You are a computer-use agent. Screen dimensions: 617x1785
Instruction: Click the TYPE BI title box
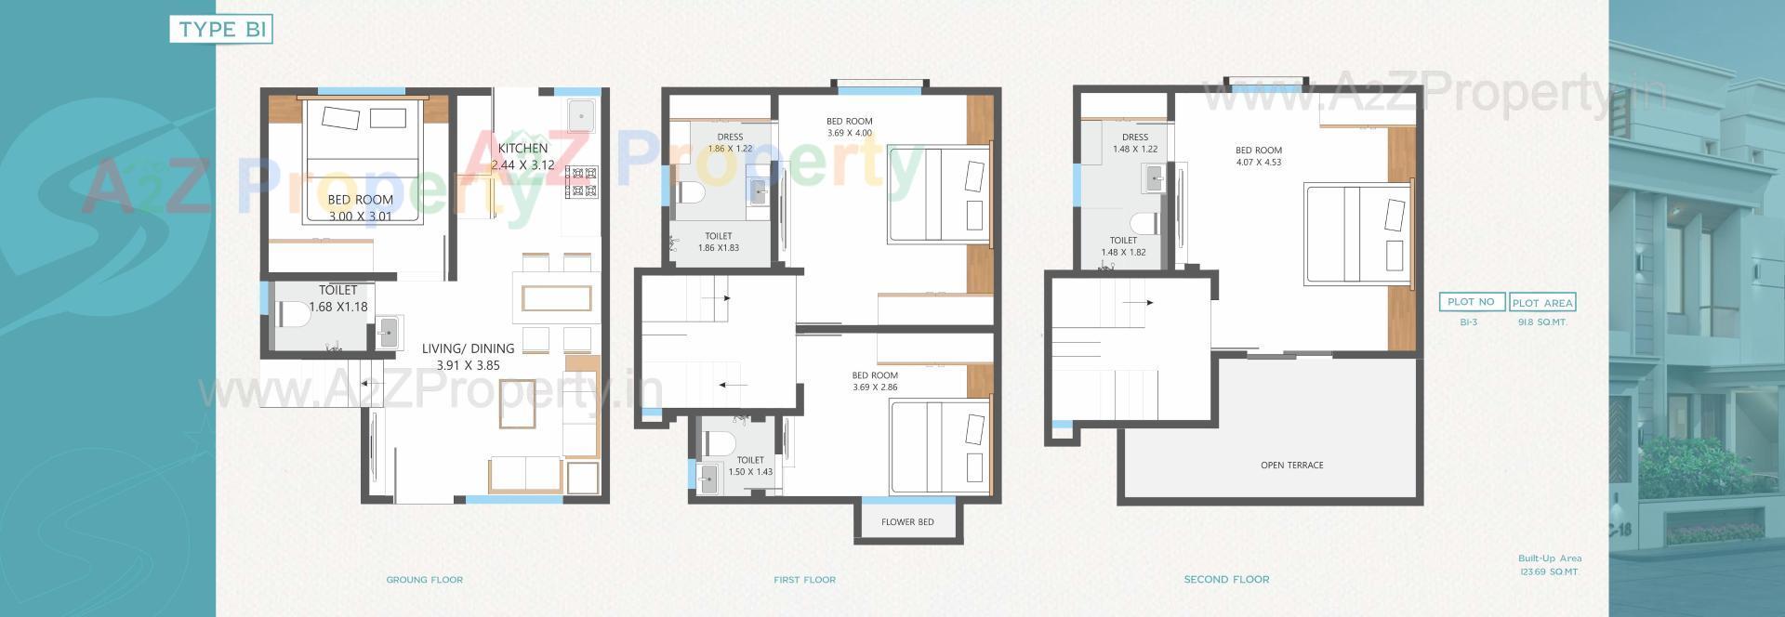point(221,30)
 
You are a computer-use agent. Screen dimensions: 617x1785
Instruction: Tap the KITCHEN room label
point(522,149)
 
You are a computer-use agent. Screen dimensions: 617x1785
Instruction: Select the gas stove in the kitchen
point(582,182)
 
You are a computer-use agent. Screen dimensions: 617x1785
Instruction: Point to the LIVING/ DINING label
point(468,348)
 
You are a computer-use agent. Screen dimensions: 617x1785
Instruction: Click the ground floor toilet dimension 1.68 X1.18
point(337,307)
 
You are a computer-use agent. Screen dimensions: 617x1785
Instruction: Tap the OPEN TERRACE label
point(1291,465)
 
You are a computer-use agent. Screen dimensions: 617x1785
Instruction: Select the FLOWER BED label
point(907,522)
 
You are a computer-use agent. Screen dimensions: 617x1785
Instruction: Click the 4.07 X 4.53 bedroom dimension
point(1259,163)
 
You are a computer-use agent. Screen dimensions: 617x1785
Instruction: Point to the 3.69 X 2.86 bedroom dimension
point(875,387)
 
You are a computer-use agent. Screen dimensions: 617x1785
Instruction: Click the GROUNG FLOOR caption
point(424,580)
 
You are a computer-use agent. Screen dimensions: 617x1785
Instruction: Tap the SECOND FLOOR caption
point(1226,580)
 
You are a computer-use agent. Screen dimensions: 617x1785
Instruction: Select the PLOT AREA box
point(1542,303)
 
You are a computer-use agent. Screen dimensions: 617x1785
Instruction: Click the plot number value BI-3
point(1469,322)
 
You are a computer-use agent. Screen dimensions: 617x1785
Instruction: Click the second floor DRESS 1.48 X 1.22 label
point(1135,143)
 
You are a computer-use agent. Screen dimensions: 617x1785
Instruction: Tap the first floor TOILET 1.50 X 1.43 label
point(750,466)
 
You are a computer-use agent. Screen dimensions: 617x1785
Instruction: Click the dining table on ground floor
point(556,298)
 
